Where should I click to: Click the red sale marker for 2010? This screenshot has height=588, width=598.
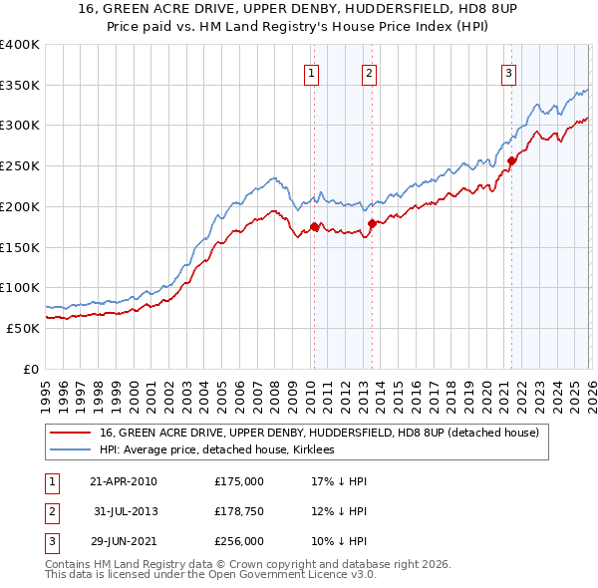point(314,226)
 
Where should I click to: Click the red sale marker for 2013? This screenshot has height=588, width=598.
point(372,223)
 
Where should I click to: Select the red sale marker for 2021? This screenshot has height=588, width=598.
point(511,159)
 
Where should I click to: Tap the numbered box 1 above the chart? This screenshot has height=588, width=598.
point(312,72)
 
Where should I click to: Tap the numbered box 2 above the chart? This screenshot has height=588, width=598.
point(369,72)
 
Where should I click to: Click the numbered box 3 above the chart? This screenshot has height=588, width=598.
point(508,72)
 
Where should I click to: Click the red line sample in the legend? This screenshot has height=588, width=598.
point(72,433)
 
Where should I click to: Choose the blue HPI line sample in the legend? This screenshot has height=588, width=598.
point(72,450)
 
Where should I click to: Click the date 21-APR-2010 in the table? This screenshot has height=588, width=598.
point(123,480)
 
